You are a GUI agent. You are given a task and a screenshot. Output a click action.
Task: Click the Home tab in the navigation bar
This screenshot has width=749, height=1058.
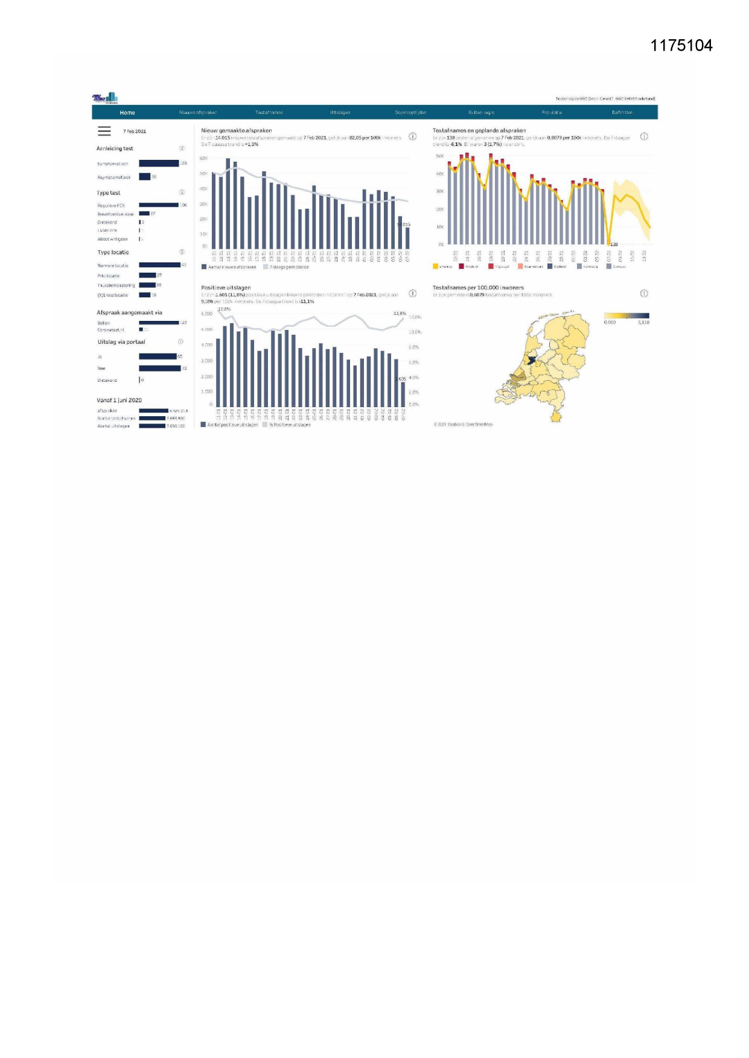click(x=127, y=113)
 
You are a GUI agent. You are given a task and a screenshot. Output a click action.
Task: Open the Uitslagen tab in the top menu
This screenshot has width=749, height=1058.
click(x=340, y=113)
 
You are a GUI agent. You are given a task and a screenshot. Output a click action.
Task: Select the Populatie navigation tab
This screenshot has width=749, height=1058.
click(x=552, y=113)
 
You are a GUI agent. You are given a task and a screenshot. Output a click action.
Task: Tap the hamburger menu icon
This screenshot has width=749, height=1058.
click(x=104, y=131)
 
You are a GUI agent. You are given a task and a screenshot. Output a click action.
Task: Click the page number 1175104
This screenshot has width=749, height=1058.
click(x=681, y=46)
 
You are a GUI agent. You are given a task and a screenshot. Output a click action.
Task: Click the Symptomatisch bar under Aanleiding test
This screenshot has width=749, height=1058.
click(x=159, y=163)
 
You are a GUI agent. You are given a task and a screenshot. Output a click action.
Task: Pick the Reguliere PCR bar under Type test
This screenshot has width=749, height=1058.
click(x=159, y=205)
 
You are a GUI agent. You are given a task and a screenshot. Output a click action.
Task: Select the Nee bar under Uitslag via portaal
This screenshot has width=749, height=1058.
click(x=159, y=368)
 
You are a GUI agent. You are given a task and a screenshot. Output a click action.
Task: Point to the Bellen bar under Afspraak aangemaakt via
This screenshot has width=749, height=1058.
click(x=159, y=323)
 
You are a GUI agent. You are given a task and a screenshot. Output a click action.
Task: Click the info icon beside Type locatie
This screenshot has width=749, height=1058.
click(x=182, y=252)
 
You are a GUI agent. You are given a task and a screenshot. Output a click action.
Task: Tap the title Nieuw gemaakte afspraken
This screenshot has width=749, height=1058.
click(x=237, y=130)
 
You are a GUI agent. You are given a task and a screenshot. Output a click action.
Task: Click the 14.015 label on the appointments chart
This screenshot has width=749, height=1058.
click(x=404, y=224)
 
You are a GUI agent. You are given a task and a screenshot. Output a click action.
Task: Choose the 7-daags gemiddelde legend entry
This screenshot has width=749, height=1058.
click(x=288, y=267)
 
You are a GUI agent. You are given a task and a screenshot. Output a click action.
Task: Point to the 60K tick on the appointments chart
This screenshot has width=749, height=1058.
click(x=204, y=158)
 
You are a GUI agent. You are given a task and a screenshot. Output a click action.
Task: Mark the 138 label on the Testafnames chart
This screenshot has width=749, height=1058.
click(x=614, y=244)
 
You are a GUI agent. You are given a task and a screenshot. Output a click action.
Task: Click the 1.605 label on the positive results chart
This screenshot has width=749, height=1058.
click(x=401, y=379)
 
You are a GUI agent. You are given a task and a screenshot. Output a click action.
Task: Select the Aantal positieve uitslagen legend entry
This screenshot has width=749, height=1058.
click(x=232, y=425)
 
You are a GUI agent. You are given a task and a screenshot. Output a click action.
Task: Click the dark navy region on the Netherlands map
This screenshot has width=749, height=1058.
click(x=531, y=360)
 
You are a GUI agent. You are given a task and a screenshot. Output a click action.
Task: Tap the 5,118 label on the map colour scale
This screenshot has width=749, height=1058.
click(x=643, y=323)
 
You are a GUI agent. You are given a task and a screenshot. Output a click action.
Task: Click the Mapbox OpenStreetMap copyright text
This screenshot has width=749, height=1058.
click(x=463, y=425)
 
